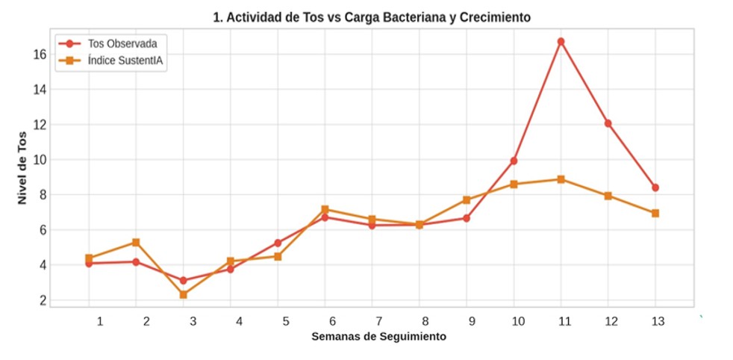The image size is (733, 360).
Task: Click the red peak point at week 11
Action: point(561,42)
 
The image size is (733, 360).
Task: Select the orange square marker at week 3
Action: point(184,294)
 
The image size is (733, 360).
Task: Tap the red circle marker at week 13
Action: point(655,187)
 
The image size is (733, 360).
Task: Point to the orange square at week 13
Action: point(655,213)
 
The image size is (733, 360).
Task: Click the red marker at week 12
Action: point(608,123)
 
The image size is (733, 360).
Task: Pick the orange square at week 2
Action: point(136,242)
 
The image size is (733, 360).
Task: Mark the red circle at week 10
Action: point(514,161)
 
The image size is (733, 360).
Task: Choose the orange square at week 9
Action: point(467,199)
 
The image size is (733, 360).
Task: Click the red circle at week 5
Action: point(278,243)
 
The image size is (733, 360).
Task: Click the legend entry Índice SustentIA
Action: point(111,60)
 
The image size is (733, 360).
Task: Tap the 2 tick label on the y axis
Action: point(43,301)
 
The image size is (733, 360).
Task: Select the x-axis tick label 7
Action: point(378,322)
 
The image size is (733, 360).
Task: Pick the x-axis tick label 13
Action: point(658,322)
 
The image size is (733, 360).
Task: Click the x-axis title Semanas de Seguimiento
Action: point(378,336)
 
